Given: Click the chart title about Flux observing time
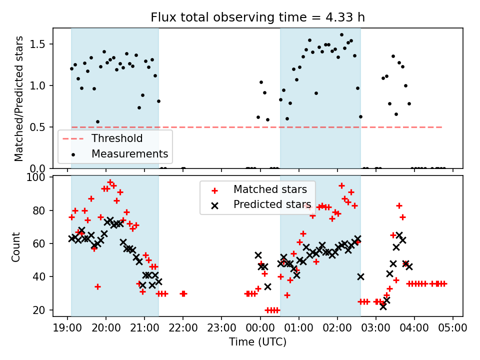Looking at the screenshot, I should point(257,17).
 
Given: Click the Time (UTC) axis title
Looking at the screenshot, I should point(257,342).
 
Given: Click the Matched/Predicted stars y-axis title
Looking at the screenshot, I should point(19,98).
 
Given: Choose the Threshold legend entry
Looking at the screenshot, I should point(116,138).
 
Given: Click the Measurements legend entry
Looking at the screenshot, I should point(129,153).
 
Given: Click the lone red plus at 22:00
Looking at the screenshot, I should point(183,293).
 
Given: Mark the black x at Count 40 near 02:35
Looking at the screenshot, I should point(360,276).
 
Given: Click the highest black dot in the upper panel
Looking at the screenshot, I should point(341,35).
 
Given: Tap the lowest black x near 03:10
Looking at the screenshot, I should point(383,306).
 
